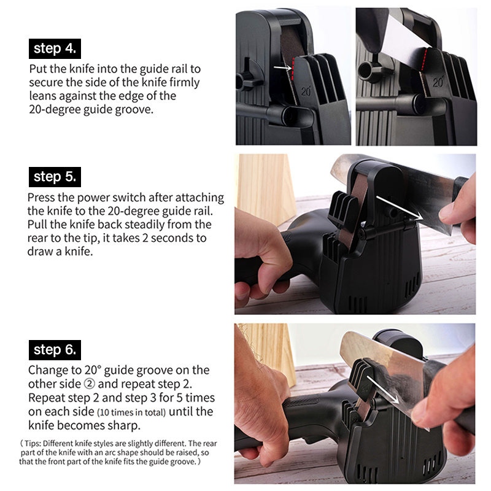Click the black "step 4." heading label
(55, 49)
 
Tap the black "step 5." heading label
(55, 177)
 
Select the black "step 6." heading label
(55, 350)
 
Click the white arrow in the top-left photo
(282, 68)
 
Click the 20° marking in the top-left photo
(306, 91)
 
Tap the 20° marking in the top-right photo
(438, 82)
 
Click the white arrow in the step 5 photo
(398, 208)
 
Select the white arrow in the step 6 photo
(382, 390)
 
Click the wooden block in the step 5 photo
(266, 188)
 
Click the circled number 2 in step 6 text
(89, 384)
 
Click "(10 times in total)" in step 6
(131, 412)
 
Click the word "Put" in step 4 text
(38, 69)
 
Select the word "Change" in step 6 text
(48, 371)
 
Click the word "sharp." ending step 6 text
(124, 426)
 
